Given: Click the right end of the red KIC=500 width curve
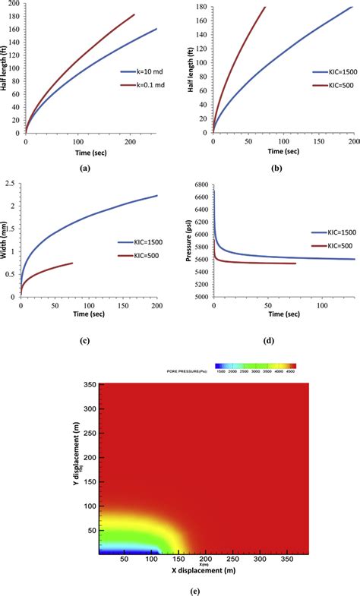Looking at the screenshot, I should point(73,263).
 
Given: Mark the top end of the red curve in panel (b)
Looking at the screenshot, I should point(265,7).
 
